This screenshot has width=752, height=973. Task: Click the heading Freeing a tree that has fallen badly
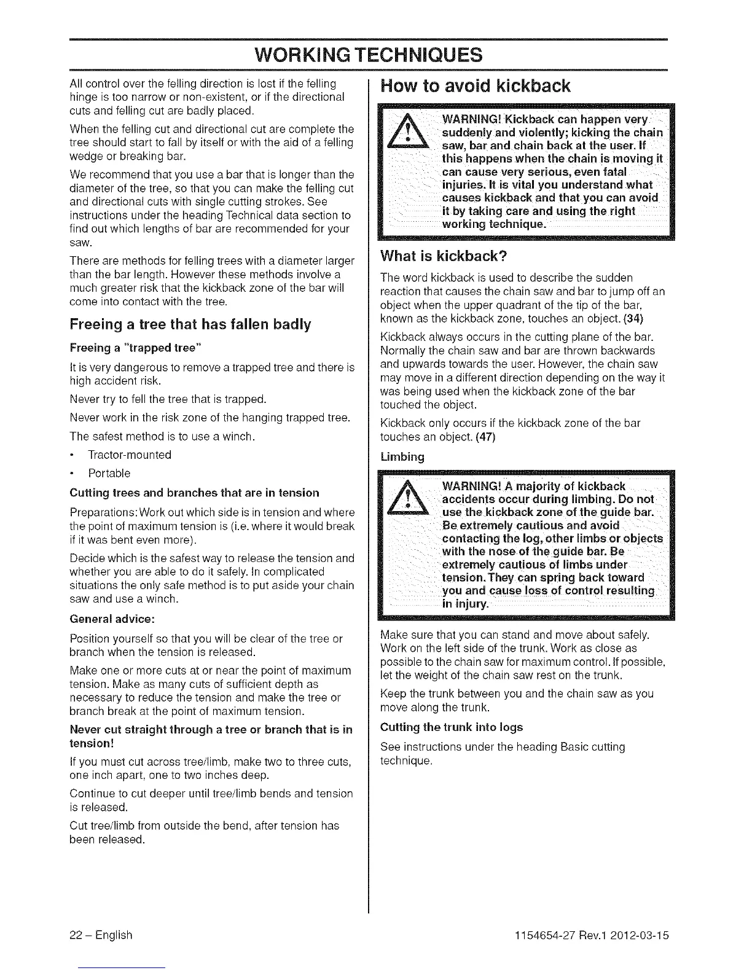click(190, 324)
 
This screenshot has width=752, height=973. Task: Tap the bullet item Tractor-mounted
click(130, 455)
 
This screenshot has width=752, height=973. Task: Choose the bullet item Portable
click(109, 474)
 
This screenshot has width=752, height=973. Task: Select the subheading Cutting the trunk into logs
click(452, 727)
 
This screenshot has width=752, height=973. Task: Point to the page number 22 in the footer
click(76, 936)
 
